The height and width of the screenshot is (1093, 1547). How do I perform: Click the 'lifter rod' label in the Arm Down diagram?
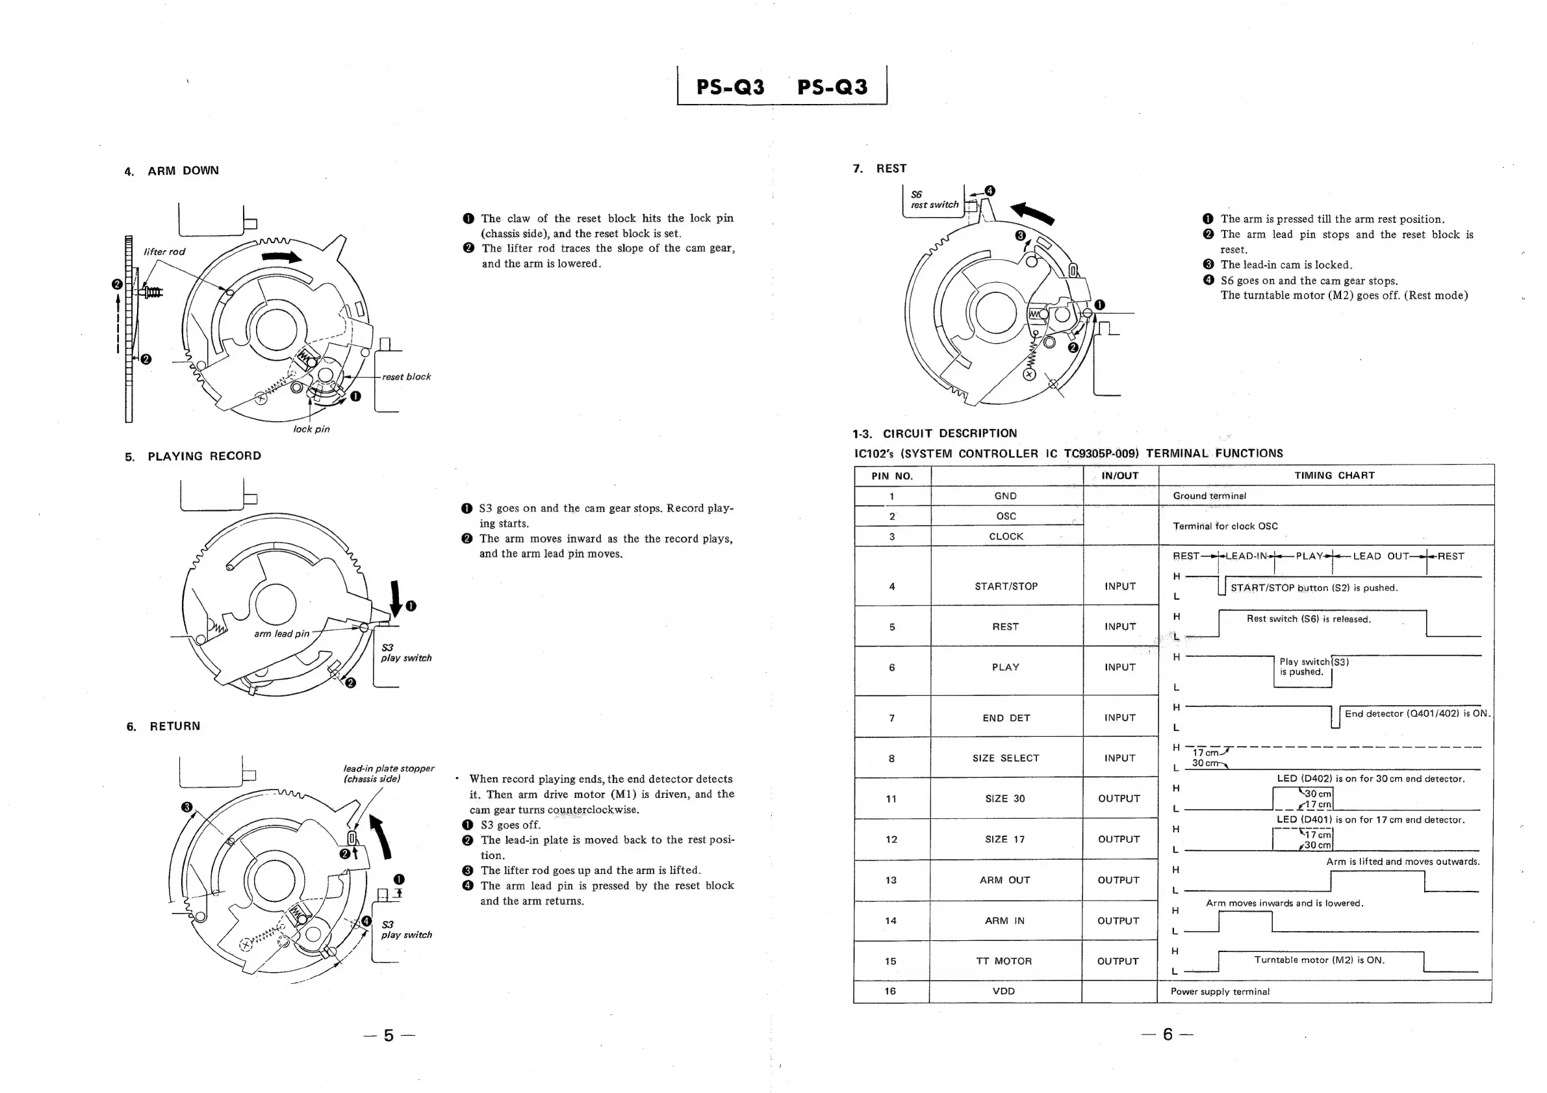(164, 251)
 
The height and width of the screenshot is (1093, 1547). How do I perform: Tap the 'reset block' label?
(405, 377)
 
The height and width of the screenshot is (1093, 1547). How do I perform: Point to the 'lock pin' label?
(311, 430)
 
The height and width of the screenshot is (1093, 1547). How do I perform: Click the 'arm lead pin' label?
(281, 634)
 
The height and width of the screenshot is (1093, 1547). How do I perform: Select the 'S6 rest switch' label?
(934, 199)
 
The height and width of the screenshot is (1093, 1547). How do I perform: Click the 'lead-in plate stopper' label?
(388, 773)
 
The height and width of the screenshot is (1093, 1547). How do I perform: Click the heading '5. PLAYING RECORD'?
(194, 456)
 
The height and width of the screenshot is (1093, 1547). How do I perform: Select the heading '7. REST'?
(879, 168)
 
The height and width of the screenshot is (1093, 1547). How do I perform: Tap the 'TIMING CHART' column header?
(1333, 476)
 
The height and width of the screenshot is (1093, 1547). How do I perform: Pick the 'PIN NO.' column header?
(891, 476)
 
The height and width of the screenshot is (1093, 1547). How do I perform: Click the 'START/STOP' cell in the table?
(1005, 586)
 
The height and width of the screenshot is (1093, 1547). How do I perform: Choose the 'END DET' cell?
(1005, 718)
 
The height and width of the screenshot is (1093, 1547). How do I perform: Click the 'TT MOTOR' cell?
(1004, 961)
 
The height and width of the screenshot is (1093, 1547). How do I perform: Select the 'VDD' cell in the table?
(1003, 991)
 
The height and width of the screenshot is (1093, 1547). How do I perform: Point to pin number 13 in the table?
(891, 880)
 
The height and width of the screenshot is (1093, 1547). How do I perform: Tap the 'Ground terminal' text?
(1208, 496)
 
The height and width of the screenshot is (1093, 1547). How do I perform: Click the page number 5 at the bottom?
(389, 1035)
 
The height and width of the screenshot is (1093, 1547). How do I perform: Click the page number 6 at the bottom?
(1167, 1034)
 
